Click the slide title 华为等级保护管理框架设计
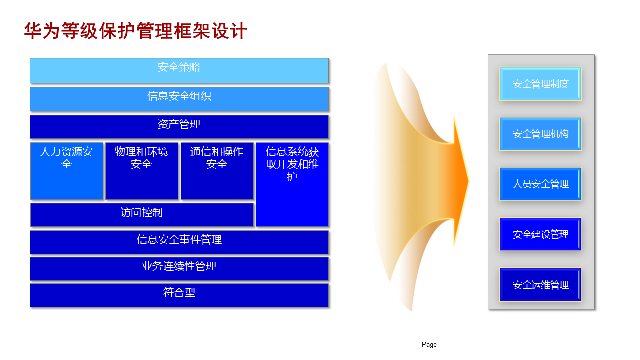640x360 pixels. tap(135, 31)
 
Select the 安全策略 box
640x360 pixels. tap(179, 71)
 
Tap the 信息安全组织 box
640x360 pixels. tap(179, 99)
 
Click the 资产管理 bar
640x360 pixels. tap(179, 127)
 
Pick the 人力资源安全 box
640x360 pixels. tap(67, 171)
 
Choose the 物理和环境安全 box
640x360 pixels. tap(142, 171)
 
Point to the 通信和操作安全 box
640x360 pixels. tap(217, 171)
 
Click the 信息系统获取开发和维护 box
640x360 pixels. tap(292, 184)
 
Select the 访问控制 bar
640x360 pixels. tap(142, 215)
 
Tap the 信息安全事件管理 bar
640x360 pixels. tap(179, 242)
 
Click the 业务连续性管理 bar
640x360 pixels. tap(179, 269)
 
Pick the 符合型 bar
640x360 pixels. tap(179, 295)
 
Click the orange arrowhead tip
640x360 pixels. tap(469, 181)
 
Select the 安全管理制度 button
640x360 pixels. tap(540, 84)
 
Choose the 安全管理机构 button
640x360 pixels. tap(540, 134)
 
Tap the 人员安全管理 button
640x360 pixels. tap(540, 184)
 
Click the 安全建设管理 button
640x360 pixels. tap(540, 234)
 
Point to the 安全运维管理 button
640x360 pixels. tap(540, 285)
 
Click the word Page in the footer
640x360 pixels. tap(429, 345)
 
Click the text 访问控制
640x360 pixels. tap(141, 213)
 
